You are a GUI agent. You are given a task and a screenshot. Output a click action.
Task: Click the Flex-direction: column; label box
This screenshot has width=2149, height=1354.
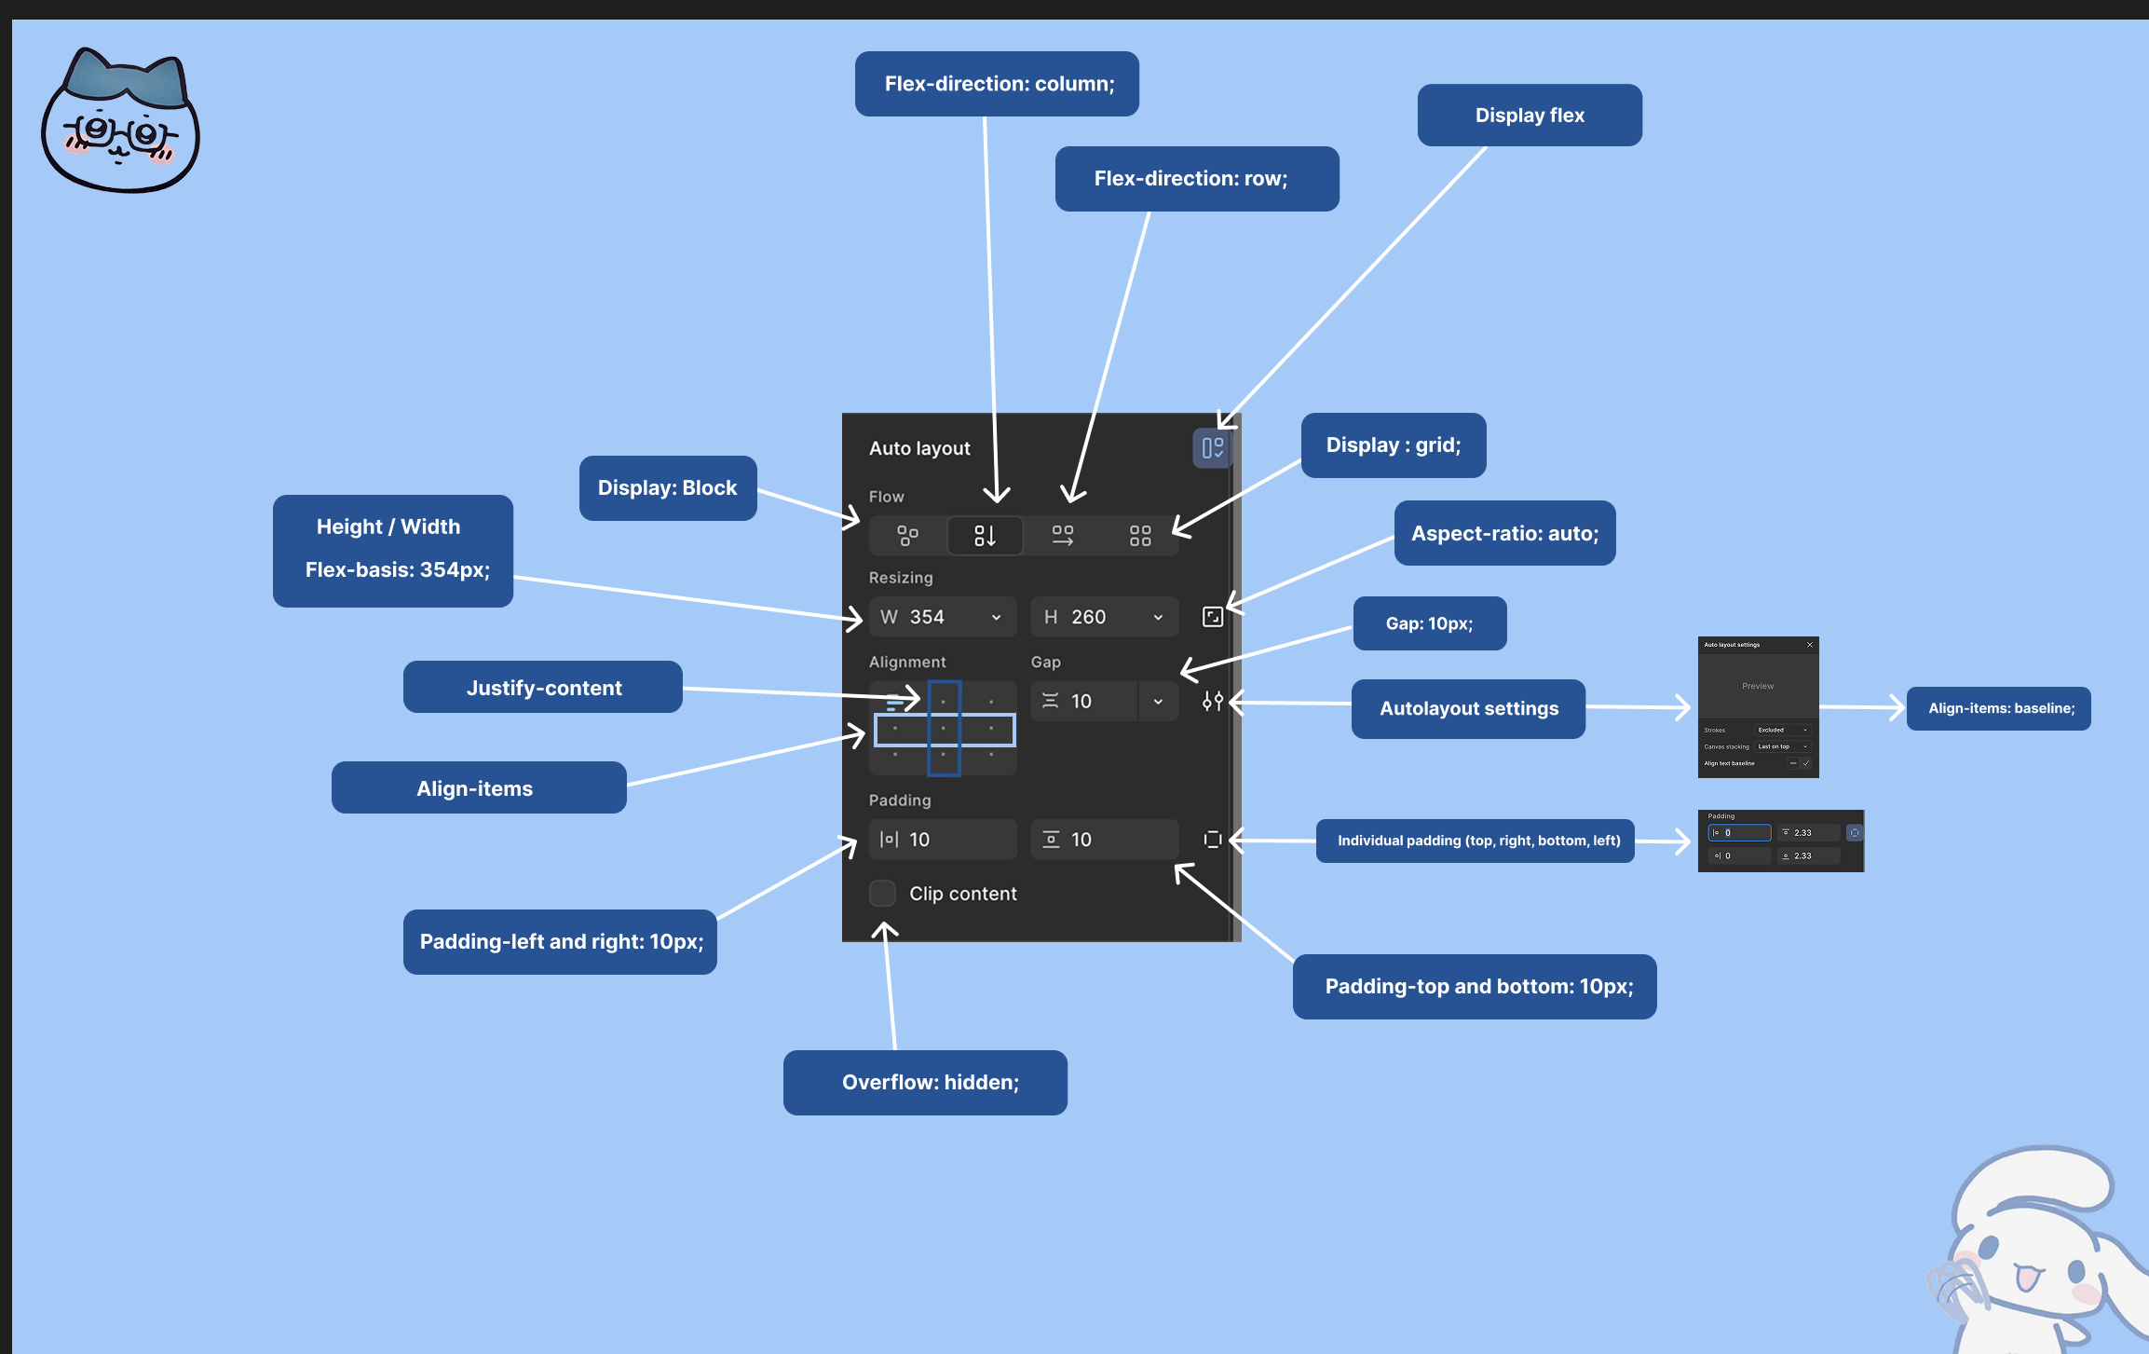pyautogui.click(x=997, y=84)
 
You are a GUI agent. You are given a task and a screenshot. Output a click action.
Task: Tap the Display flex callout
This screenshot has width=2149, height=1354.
pyautogui.click(x=1530, y=116)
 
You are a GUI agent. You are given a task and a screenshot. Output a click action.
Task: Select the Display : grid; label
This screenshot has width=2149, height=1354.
pyautogui.click(x=1393, y=445)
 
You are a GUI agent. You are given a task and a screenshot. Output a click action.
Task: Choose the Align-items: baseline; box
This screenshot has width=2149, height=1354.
pyautogui.click(x=1999, y=708)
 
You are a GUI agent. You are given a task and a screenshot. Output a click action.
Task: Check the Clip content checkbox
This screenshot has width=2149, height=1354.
pyautogui.click(x=882, y=894)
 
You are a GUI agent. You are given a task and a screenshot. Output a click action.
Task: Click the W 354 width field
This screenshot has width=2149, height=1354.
pyautogui.click(x=941, y=617)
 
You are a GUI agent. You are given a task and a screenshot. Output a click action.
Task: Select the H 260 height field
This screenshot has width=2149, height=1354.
pyautogui.click(x=1104, y=617)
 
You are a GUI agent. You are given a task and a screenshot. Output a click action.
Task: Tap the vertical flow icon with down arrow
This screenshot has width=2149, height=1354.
pyautogui.click(x=985, y=536)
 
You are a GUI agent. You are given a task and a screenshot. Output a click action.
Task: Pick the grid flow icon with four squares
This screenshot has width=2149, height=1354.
pyautogui.click(x=1140, y=536)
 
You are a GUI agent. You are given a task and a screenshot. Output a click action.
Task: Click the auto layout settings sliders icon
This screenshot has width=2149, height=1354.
pyautogui.click(x=1212, y=701)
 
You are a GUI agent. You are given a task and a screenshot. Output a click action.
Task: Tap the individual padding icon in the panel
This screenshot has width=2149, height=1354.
pyautogui.click(x=1212, y=840)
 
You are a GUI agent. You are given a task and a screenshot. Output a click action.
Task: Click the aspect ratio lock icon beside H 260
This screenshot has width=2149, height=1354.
pyautogui.click(x=1212, y=617)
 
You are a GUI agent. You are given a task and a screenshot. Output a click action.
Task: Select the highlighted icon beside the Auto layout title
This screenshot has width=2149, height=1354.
pyautogui.click(x=1212, y=448)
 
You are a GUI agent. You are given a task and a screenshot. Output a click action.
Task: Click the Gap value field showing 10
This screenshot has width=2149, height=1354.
pyautogui.click(x=1085, y=701)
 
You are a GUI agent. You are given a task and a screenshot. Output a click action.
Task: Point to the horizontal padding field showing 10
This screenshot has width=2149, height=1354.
pyautogui.click(x=943, y=840)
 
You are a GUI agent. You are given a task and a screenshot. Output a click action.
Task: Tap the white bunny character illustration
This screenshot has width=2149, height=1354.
pyautogui.click(x=2040, y=1249)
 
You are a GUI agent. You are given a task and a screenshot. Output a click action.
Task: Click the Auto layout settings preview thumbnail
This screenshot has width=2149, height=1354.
pyautogui.click(x=1758, y=707)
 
